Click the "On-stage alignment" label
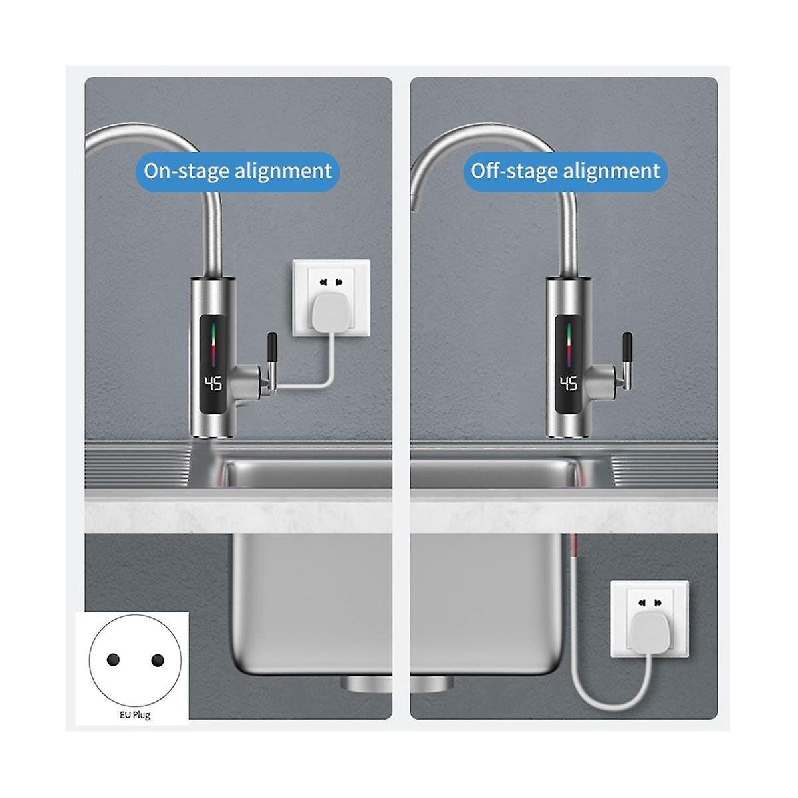[x=237, y=171]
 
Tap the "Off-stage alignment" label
[x=565, y=171]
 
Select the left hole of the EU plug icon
[x=113, y=660]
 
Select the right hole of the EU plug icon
[x=158, y=660]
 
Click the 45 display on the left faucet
[x=213, y=384]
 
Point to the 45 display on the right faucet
[x=569, y=384]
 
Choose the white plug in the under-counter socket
[x=648, y=633]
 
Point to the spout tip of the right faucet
[x=414, y=206]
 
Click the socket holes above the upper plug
[x=331, y=283]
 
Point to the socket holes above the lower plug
[x=650, y=603]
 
